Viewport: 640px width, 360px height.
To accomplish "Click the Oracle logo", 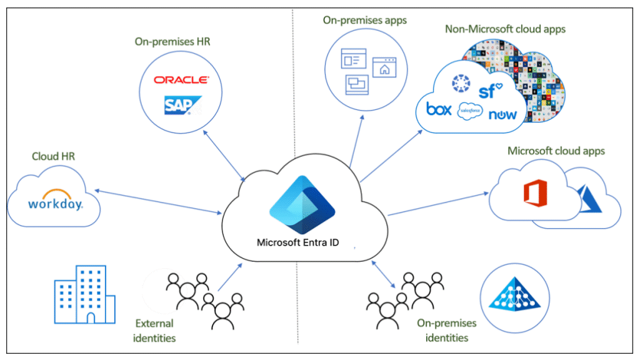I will (182, 80).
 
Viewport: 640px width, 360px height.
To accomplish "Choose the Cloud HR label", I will (53, 156).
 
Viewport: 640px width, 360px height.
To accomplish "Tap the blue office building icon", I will (84, 294).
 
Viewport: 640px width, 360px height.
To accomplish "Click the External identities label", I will (155, 331).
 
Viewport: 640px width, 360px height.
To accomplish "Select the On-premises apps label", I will (365, 21).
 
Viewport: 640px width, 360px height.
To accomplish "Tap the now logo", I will (502, 115).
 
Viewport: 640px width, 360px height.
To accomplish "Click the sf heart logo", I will (491, 92).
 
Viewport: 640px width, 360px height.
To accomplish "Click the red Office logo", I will (536, 192).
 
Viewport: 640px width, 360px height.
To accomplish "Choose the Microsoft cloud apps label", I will (556, 151).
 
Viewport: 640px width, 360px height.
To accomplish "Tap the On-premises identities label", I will (446, 331).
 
